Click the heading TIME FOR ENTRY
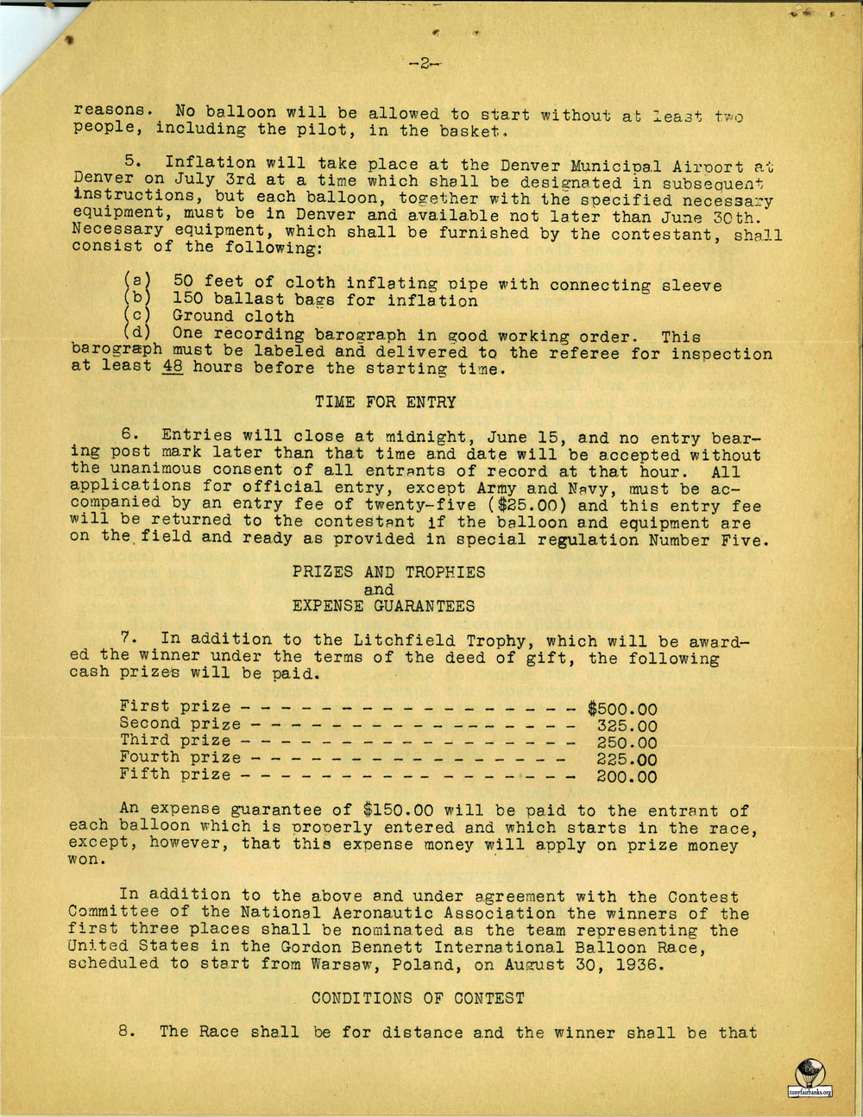(x=385, y=401)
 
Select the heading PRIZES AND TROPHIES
(x=388, y=571)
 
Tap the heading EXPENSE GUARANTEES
(x=383, y=605)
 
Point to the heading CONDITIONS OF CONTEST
(x=418, y=998)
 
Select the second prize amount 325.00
(x=627, y=726)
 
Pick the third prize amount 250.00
(x=627, y=743)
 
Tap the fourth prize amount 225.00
(x=627, y=760)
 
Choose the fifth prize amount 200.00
(x=627, y=777)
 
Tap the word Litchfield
(x=405, y=640)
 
